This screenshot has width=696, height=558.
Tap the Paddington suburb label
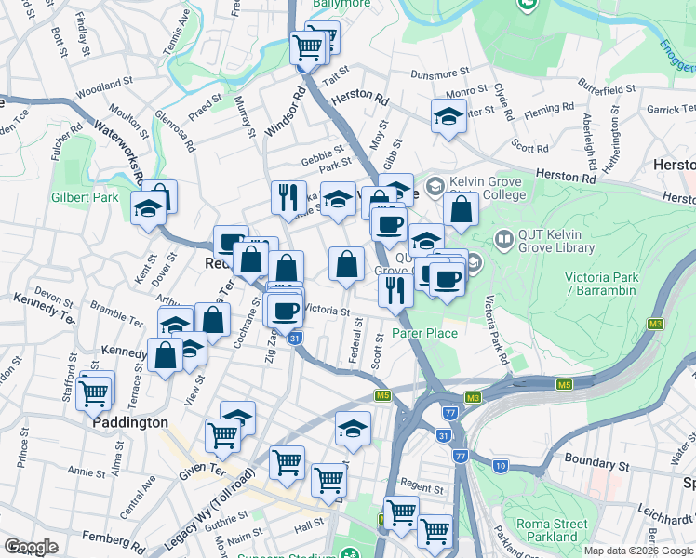coord(130,422)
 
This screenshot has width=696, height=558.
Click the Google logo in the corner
coord(31,547)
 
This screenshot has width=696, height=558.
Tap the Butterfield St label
coord(606,88)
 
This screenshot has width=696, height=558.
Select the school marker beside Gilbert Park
coord(147,208)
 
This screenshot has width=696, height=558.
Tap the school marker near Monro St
coord(448,116)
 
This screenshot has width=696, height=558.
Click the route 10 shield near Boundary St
coord(501,464)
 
